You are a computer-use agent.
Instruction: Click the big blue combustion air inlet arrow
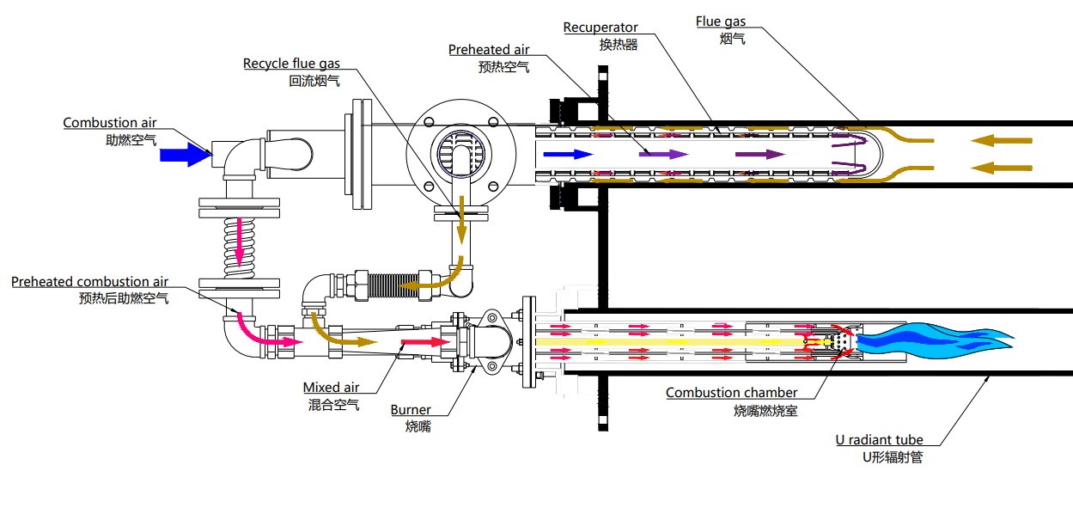coord(183,155)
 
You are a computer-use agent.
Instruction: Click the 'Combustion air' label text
coord(109,123)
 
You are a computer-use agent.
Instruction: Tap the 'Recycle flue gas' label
coord(291,64)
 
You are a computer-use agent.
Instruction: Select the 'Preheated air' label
coord(489,51)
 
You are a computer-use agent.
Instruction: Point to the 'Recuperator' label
coord(601,28)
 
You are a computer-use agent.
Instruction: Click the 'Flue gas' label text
coord(720,21)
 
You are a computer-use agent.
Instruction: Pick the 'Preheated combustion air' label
coord(89,282)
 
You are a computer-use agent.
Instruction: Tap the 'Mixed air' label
coord(331,389)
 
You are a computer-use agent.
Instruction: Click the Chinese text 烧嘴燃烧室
coord(765,411)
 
